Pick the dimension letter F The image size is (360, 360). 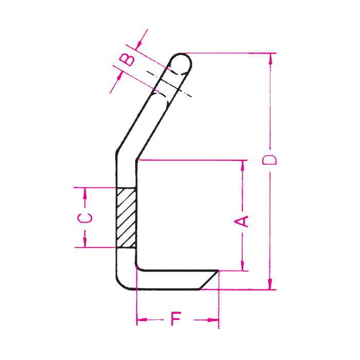coord(176,320)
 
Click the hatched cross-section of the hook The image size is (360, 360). coord(126,218)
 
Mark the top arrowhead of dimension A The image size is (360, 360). coord(242,165)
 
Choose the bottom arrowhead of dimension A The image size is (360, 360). coord(242,265)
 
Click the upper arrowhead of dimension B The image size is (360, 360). coord(141,40)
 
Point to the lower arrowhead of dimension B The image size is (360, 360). coord(118,79)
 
